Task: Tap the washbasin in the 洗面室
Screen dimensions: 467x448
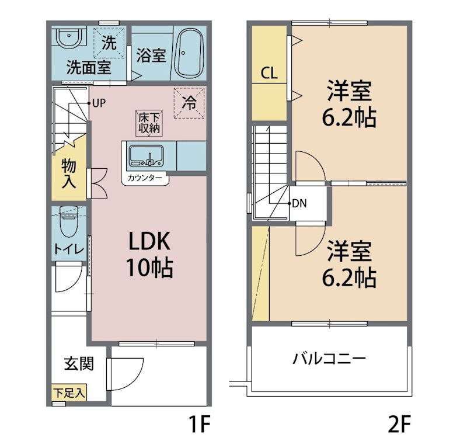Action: click(69, 37)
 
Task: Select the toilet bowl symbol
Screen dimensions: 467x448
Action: click(69, 221)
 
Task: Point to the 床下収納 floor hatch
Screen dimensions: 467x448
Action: click(149, 123)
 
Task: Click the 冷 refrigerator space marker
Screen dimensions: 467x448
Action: click(189, 103)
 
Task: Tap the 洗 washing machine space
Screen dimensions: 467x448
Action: click(109, 42)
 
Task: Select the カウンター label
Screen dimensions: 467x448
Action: click(145, 178)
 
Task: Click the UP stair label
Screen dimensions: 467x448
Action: click(99, 103)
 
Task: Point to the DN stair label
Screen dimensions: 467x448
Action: click(299, 204)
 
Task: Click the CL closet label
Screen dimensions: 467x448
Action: click(269, 73)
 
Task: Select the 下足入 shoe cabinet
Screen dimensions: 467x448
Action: click(69, 392)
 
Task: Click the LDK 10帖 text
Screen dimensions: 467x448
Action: click(149, 254)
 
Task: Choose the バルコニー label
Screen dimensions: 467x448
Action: click(329, 358)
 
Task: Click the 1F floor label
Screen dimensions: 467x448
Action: click(200, 425)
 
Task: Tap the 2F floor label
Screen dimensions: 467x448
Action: click(400, 425)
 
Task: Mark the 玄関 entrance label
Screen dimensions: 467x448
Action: click(79, 364)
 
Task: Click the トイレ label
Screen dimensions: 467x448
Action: click(69, 249)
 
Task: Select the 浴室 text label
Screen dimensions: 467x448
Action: click(151, 55)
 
